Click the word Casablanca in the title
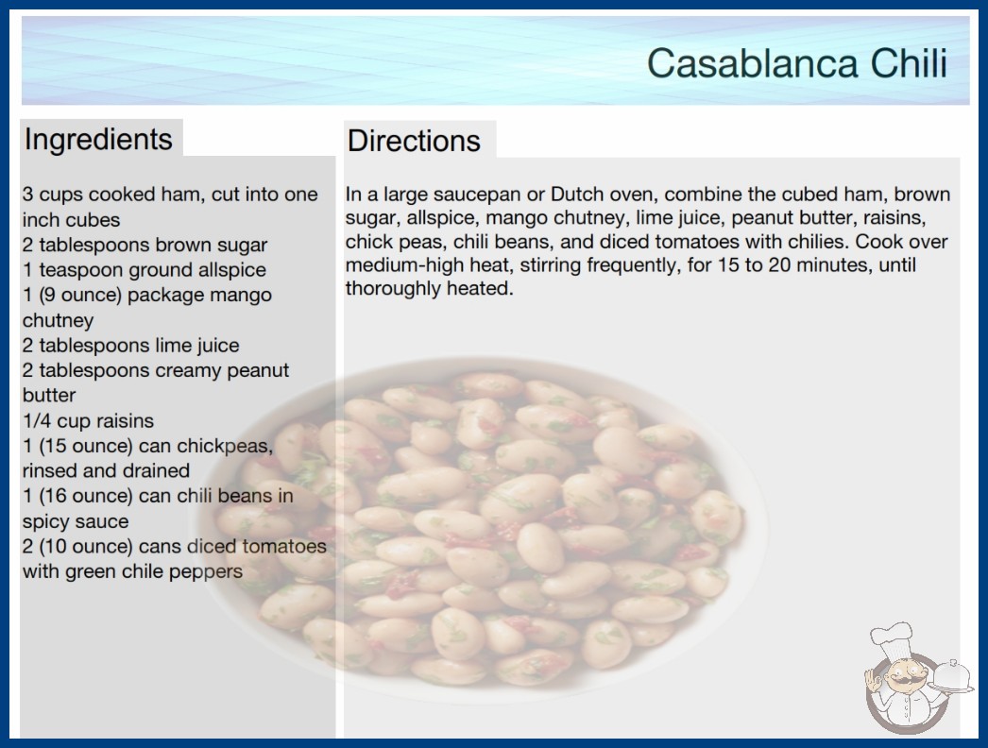point(753,63)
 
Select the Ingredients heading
point(98,140)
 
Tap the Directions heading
point(414,141)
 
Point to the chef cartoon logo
point(916,678)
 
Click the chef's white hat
point(893,639)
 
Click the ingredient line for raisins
point(88,420)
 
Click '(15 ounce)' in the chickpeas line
point(86,446)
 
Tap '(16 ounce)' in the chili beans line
point(86,496)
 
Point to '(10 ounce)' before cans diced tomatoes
point(86,546)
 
